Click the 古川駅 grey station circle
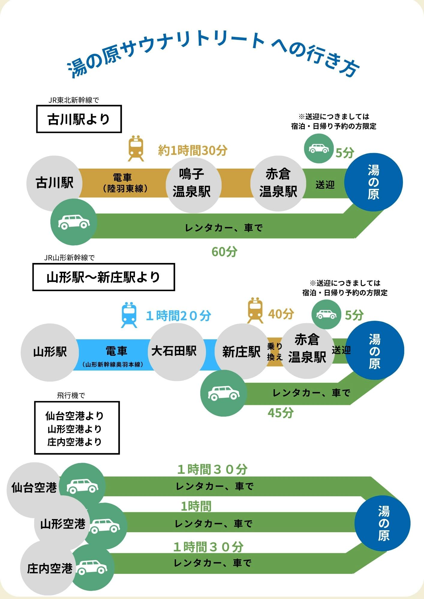click(x=54, y=183)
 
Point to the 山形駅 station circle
click(x=50, y=352)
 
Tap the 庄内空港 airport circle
click(x=48, y=568)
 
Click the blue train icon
click(x=129, y=315)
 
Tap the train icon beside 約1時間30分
click(x=136, y=148)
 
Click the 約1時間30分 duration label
click(x=193, y=150)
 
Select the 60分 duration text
click(x=224, y=252)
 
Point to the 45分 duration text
click(x=281, y=413)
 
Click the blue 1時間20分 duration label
click(x=178, y=316)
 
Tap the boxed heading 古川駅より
click(x=79, y=119)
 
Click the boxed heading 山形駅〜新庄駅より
click(x=103, y=277)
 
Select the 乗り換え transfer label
click(x=275, y=352)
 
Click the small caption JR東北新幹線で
click(x=74, y=100)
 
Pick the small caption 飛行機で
click(x=71, y=395)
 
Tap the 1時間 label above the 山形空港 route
click(x=196, y=506)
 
